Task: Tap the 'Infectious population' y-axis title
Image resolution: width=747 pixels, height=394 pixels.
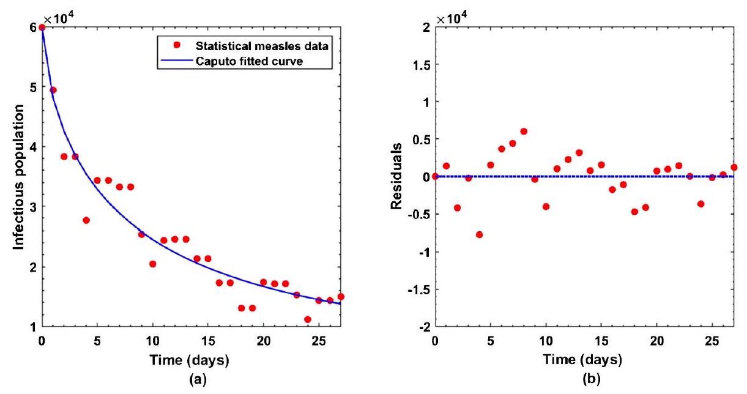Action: tap(20, 177)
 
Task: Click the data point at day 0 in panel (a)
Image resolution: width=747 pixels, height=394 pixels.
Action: tap(42, 28)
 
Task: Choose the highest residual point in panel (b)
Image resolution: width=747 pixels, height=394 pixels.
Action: tap(524, 132)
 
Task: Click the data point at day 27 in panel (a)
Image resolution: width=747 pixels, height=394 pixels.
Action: tap(341, 297)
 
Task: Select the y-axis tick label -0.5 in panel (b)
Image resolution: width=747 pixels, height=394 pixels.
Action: tap(420, 215)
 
